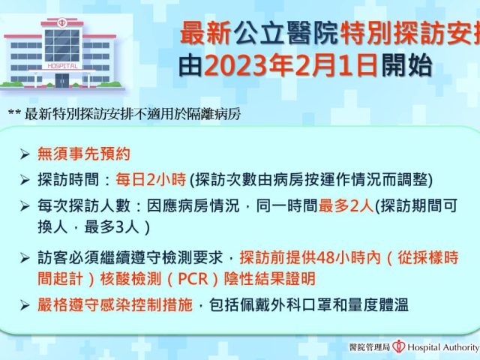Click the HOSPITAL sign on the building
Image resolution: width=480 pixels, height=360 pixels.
pyautogui.click(x=62, y=66)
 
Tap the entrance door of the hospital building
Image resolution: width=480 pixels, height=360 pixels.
pyautogui.click(x=62, y=80)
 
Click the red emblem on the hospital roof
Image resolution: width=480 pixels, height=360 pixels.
pyautogui.click(x=62, y=22)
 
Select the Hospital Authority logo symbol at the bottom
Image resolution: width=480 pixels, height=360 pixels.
pyautogui.click(x=399, y=346)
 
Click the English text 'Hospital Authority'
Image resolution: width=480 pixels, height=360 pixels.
pyautogui.click(x=443, y=347)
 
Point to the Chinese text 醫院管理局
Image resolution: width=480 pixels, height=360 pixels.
pyautogui.click(x=370, y=347)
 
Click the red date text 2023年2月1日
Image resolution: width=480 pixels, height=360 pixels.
pyautogui.click(x=290, y=65)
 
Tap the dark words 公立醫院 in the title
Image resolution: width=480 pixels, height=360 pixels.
pyautogui.click(x=286, y=33)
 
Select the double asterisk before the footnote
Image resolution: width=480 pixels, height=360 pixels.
pyautogui.click(x=14, y=112)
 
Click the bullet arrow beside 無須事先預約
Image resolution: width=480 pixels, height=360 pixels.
pyautogui.click(x=25, y=154)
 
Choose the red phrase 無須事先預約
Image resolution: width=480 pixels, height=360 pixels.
pyautogui.click(x=84, y=154)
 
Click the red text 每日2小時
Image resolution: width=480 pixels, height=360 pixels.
pyautogui.click(x=151, y=179)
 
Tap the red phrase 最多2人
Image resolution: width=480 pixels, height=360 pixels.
pyautogui.click(x=346, y=205)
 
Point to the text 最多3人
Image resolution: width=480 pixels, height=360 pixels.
pyautogui.click(x=112, y=226)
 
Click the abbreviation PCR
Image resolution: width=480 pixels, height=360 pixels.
pyautogui.click(x=193, y=279)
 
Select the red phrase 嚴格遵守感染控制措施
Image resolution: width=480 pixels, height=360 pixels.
pyautogui.click(x=115, y=305)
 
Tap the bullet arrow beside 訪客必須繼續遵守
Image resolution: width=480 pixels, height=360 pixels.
pyautogui.click(x=25, y=258)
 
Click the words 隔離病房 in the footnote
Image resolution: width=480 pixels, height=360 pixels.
pyautogui.click(x=213, y=114)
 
